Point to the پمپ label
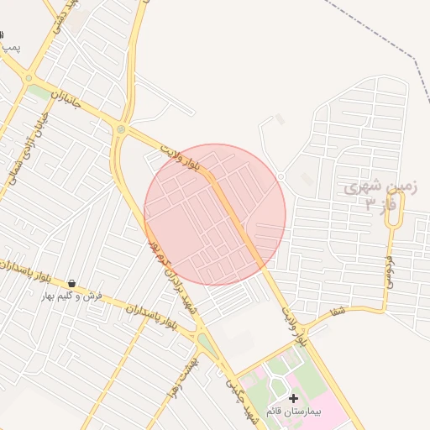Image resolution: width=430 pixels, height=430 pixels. tap(9, 49)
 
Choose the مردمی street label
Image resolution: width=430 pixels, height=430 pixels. tap(390, 269)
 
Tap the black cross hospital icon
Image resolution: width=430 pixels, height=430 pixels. tap(293, 397)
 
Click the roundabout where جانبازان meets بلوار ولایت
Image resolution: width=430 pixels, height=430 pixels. tap(121, 128)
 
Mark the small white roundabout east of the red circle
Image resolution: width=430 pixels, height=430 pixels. tap(281, 176)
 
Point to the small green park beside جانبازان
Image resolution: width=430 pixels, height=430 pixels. tap(38, 91)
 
